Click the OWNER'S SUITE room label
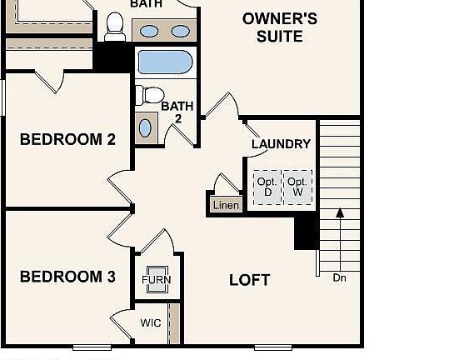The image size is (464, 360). [x=278, y=27]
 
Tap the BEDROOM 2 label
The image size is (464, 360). [x=67, y=139]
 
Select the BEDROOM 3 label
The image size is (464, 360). [x=67, y=277]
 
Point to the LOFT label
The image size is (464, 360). [x=249, y=280]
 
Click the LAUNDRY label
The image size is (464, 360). [x=281, y=144]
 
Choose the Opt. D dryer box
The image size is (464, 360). [x=267, y=187]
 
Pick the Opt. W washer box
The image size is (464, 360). [x=297, y=187]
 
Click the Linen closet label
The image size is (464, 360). [x=226, y=205]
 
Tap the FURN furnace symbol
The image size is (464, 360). [x=157, y=280]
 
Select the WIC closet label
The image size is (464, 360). [x=150, y=322]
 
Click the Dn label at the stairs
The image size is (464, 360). [x=339, y=277]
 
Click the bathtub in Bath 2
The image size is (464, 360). [x=165, y=62]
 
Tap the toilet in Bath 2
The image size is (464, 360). [x=149, y=95]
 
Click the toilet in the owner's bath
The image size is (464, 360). [x=116, y=26]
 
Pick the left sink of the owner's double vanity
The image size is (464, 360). [x=149, y=32]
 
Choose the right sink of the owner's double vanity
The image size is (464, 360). [x=179, y=32]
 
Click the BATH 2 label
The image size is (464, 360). [x=177, y=112]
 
